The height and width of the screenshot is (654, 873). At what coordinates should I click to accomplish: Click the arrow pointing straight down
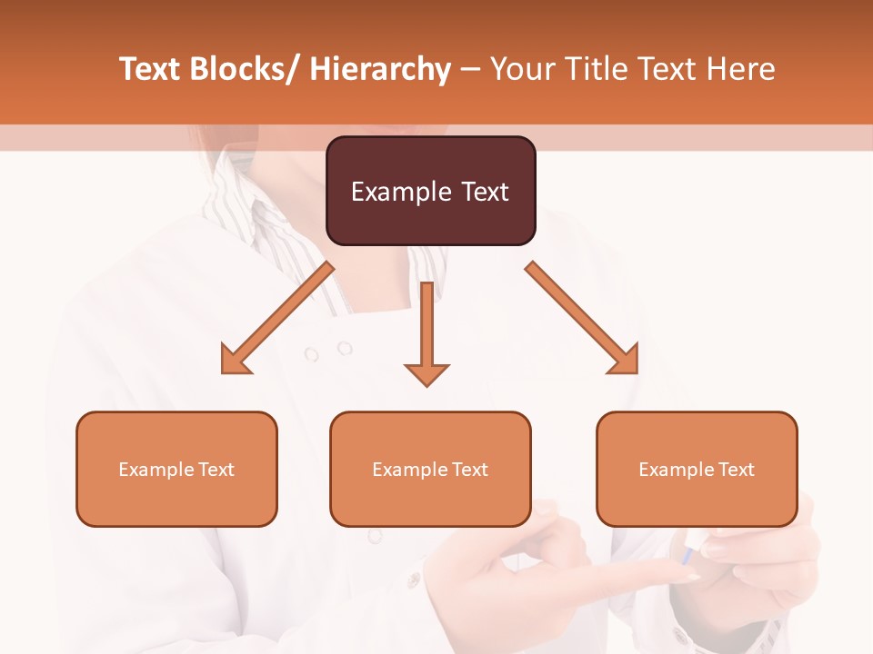[426, 332]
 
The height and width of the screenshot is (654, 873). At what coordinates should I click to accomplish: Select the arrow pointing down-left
[277, 318]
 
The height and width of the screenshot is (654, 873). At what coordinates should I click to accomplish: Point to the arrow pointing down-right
[582, 318]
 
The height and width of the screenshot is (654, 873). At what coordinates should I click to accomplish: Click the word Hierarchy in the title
[380, 70]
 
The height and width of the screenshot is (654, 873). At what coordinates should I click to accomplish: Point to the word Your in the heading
[520, 70]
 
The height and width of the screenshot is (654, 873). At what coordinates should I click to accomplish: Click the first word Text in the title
[151, 70]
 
